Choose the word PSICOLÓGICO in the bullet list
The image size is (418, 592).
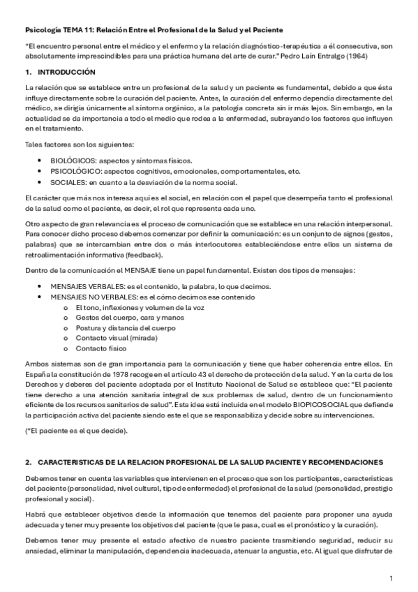click(x=76, y=170)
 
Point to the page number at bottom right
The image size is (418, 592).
click(x=391, y=579)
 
